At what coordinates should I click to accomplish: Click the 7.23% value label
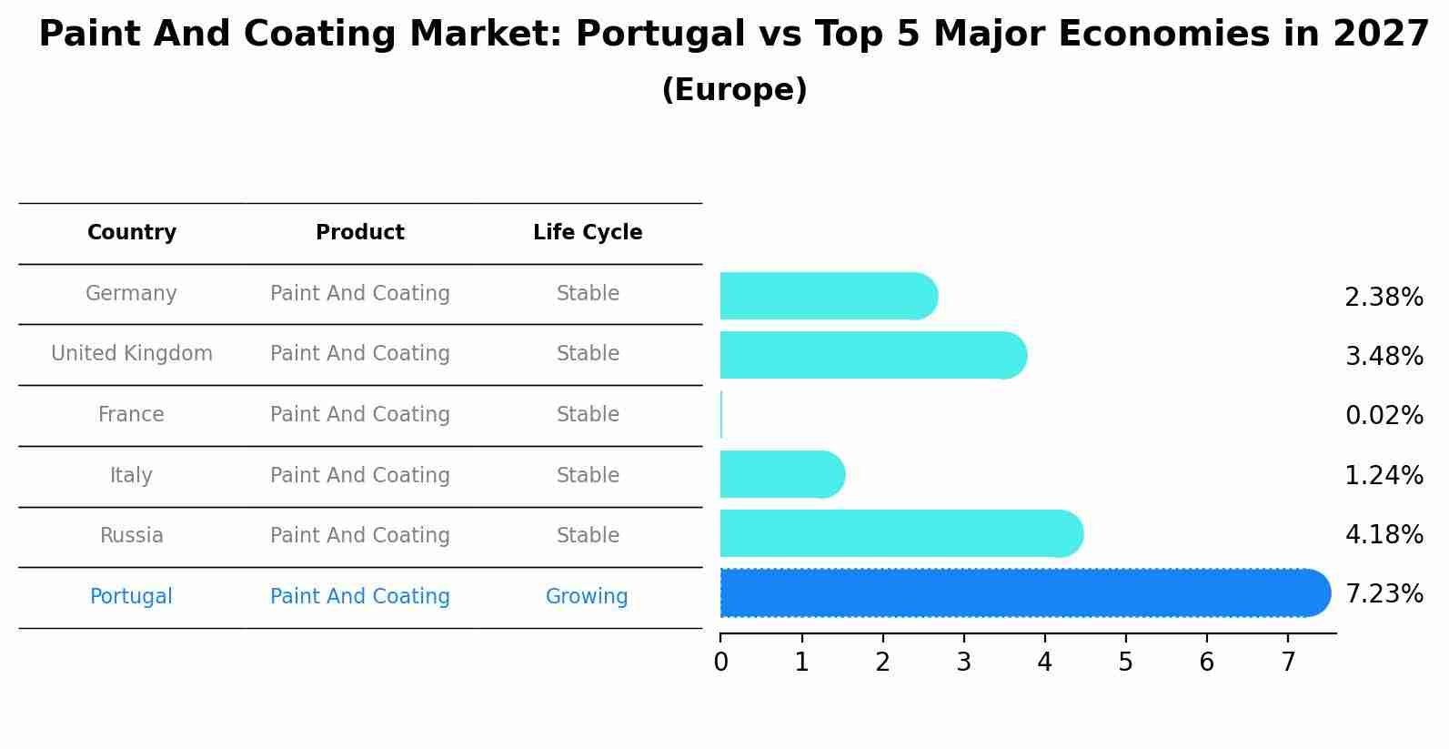point(1384,594)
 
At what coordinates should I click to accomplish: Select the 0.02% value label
point(1384,416)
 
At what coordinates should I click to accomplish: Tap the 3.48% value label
point(1384,356)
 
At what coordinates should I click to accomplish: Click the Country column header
point(132,233)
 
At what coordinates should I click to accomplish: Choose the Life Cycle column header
point(588,233)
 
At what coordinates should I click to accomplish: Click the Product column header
point(360,233)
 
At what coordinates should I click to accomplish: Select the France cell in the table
point(131,415)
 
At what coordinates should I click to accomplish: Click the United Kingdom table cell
point(132,354)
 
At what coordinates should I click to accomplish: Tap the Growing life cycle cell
point(587,597)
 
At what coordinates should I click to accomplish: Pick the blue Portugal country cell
point(131,597)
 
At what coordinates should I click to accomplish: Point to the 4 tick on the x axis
point(1044,662)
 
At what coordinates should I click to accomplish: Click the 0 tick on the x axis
point(720,662)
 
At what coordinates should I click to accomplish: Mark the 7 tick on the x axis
point(1287,662)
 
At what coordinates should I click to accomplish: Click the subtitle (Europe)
point(734,90)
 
